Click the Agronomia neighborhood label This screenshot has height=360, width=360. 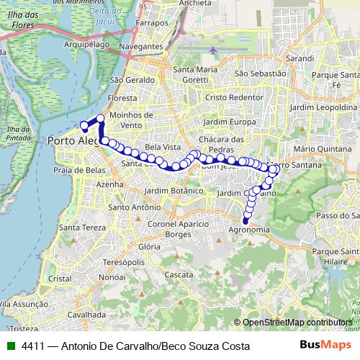(248, 230)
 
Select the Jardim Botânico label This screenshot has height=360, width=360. (174, 191)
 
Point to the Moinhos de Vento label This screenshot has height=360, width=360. (133, 120)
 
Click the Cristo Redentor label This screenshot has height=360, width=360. (230, 96)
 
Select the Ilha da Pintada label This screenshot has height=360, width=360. (17, 132)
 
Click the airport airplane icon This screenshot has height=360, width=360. (215, 50)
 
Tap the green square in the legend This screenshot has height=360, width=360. (10, 346)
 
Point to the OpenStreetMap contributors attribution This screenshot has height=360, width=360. (297, 323)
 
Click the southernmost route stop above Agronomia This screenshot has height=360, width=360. (247, 220)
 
